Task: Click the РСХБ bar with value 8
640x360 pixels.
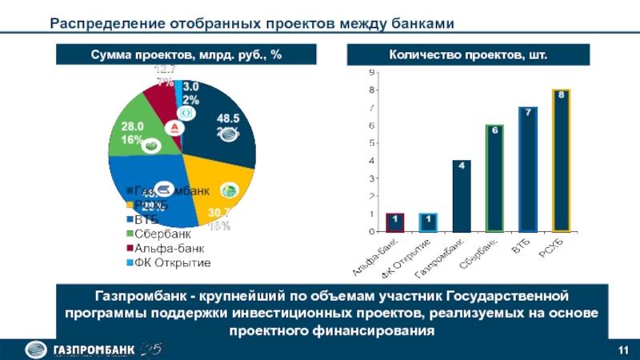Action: tap(561, 161)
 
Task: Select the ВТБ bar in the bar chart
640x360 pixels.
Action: tap(527, 170)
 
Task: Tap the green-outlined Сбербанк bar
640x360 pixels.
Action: tap(494, 178)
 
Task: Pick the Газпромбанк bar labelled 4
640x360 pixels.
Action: tap(461, 196)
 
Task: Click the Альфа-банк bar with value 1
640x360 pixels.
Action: tap(395, 222)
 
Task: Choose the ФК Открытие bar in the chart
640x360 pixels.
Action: tap(428, 222)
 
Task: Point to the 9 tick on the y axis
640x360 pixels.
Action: tap(370, 73)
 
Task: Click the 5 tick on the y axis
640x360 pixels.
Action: tap(370, 143)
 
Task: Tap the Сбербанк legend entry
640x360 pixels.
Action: tap(164, 234)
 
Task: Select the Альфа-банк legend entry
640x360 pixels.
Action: tap(167, 248)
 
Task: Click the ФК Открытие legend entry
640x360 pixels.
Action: tap(172, 262)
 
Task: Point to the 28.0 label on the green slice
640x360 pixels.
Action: tap(132, 126)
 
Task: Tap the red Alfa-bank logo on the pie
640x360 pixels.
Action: tap(173, 127)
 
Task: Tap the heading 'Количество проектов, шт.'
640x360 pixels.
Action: tap(450, 54)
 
